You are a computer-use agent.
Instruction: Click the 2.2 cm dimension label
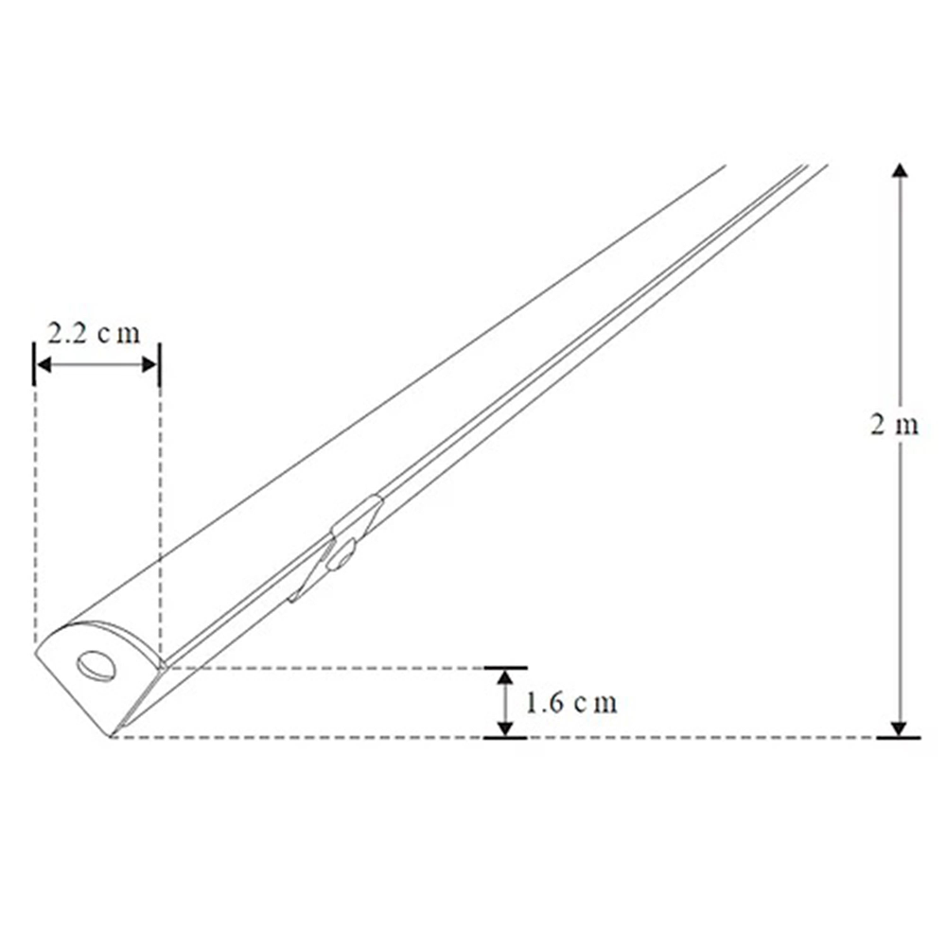(94, 333)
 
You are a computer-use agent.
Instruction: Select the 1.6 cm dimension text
(571, 703)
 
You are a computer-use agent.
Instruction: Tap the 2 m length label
(894, 425)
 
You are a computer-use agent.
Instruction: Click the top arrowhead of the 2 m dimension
(900, 171)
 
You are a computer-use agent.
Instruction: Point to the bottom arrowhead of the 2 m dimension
(900, 727)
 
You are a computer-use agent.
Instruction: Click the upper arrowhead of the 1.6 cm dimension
(506, 676)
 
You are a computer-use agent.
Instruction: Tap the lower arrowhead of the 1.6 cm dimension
(506, 727)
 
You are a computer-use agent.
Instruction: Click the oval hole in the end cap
(96, 666)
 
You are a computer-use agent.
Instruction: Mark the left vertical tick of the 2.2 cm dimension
(35, 364)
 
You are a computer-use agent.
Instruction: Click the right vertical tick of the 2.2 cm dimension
(159, 364)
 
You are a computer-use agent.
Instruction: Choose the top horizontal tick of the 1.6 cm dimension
(506, 668)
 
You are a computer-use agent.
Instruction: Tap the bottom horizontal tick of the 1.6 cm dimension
(506, 737)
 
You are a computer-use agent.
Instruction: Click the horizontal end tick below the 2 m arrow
(899, 737)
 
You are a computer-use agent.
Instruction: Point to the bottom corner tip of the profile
(112, 735)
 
